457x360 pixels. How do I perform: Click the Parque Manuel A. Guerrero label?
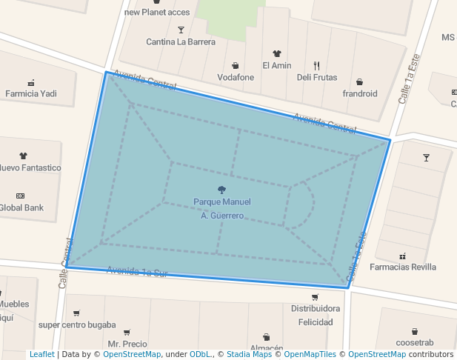pyautogui.click(x=222, y=208)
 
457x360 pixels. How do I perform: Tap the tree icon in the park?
pyautogui.click(x=221, y=190)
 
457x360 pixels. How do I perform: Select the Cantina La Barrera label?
pyautogui.click(x=181, y=41)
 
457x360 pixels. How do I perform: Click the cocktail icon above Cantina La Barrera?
pyautogui.click(x=181, y=30)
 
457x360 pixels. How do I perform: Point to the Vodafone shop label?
pyautogui.click(x=236, y=77)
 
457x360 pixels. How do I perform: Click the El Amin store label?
pyautogui.click(x=277, y=65)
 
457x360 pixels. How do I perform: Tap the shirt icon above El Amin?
pyautogui.click(x=277, y=53)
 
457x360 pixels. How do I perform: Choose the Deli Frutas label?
pyautogui.click(x=316, y=77)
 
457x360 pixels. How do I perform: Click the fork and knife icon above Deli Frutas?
pyautogui.click(x=316, y=65)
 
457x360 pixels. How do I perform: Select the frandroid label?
pyautogui.click(x=360, y=93)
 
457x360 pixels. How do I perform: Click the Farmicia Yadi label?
pyautogui.click(x=31, y=93)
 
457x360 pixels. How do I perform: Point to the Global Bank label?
pyautogui.click(x=20, y=207)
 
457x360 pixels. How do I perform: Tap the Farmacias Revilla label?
pyautogui.click(x=403, y=267)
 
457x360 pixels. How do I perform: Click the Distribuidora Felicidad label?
pyautogui.click(x=316, y=315)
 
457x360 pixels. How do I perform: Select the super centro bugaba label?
pyautogui.click(x=77, y=324)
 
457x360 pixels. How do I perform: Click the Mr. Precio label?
pyautogui.click(x=127, y=344)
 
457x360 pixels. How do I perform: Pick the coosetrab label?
pyautogui.click(x=415, y=342)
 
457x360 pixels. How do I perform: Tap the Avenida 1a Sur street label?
pyautogui.click(x=138, y=272)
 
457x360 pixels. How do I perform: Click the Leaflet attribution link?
pyautogui.click(x=42, y=355)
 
